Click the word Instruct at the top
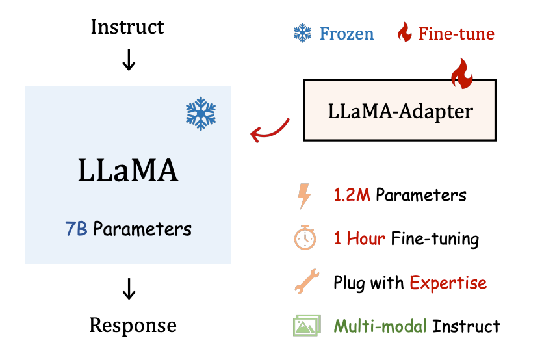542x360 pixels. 127,27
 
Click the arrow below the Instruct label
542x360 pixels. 129,60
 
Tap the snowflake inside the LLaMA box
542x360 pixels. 201,114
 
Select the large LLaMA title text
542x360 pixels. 128,170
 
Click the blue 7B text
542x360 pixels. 77,229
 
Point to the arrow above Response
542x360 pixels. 129,289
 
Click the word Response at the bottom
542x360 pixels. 133,325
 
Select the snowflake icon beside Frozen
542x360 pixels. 302,33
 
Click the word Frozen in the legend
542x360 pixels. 346,34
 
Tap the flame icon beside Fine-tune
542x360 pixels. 405,32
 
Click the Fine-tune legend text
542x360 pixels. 456,34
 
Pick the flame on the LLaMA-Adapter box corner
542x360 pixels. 462,73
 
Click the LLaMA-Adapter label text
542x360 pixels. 400,112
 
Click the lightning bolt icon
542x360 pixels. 304,196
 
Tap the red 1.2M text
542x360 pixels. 352,195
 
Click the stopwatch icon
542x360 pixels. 305,237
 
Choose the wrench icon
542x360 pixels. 307,281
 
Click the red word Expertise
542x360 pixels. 448,283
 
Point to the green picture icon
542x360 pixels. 307,326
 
